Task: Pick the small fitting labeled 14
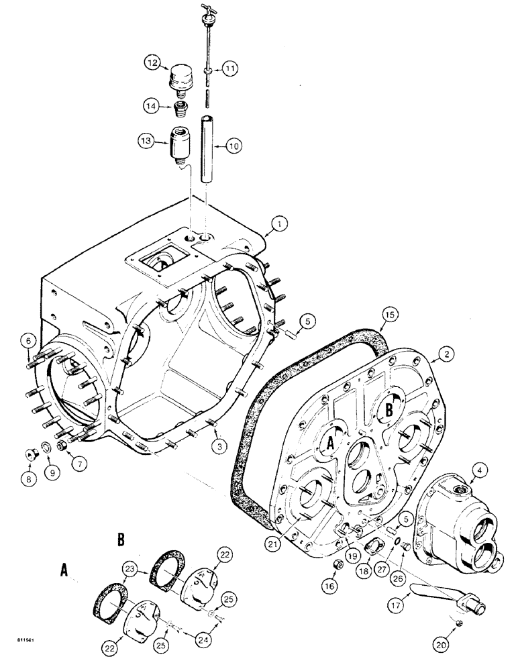point(179,109)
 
